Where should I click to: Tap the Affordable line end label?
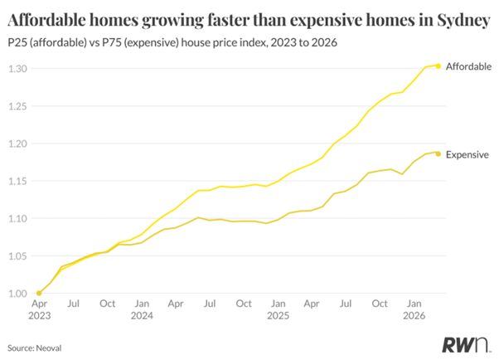[468, 66]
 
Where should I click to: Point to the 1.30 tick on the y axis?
[18, 69]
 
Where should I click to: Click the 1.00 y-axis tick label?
[18, 294]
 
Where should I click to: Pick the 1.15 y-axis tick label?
[18, 181]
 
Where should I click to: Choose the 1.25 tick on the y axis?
[18, 106]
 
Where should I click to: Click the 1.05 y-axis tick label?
[18, 256]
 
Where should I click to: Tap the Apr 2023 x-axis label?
[39, 309]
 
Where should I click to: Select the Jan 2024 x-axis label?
[142, 309]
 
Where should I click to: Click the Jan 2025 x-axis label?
[278, 309]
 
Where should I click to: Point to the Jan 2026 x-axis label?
[414, 309]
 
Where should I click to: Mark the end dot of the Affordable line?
[438, 66]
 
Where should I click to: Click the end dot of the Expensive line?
[438, 153]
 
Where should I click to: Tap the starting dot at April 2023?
[39, 293]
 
